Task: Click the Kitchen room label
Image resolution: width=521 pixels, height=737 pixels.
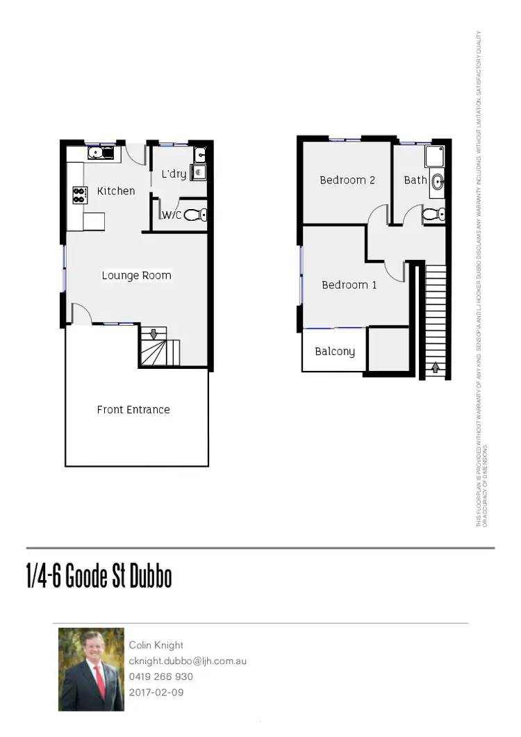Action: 116,191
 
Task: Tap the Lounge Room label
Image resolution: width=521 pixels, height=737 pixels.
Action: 136,276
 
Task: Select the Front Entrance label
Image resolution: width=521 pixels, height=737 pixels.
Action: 133,410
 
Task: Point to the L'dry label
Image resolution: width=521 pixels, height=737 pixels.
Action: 174,174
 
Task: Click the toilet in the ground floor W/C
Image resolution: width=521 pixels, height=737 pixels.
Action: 195,215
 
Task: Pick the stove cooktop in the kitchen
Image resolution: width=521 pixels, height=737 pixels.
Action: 79,195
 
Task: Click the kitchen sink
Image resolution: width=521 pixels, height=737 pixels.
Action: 100,152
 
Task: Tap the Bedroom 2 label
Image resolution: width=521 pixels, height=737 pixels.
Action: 347,180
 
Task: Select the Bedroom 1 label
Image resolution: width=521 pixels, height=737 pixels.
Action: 349,285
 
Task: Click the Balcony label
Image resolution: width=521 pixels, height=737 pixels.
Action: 335,351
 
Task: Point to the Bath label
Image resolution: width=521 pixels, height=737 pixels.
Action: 415,180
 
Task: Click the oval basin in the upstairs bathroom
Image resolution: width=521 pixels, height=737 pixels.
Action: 437,183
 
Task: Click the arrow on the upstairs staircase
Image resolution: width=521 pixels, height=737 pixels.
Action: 436,367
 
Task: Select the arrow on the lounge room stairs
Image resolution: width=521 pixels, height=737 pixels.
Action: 154,335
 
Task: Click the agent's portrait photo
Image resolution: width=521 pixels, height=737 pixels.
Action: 91,669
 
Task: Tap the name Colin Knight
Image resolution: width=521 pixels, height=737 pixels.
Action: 156,645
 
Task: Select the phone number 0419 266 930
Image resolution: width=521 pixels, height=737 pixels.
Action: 161,677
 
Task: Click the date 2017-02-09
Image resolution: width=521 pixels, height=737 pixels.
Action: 156,693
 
